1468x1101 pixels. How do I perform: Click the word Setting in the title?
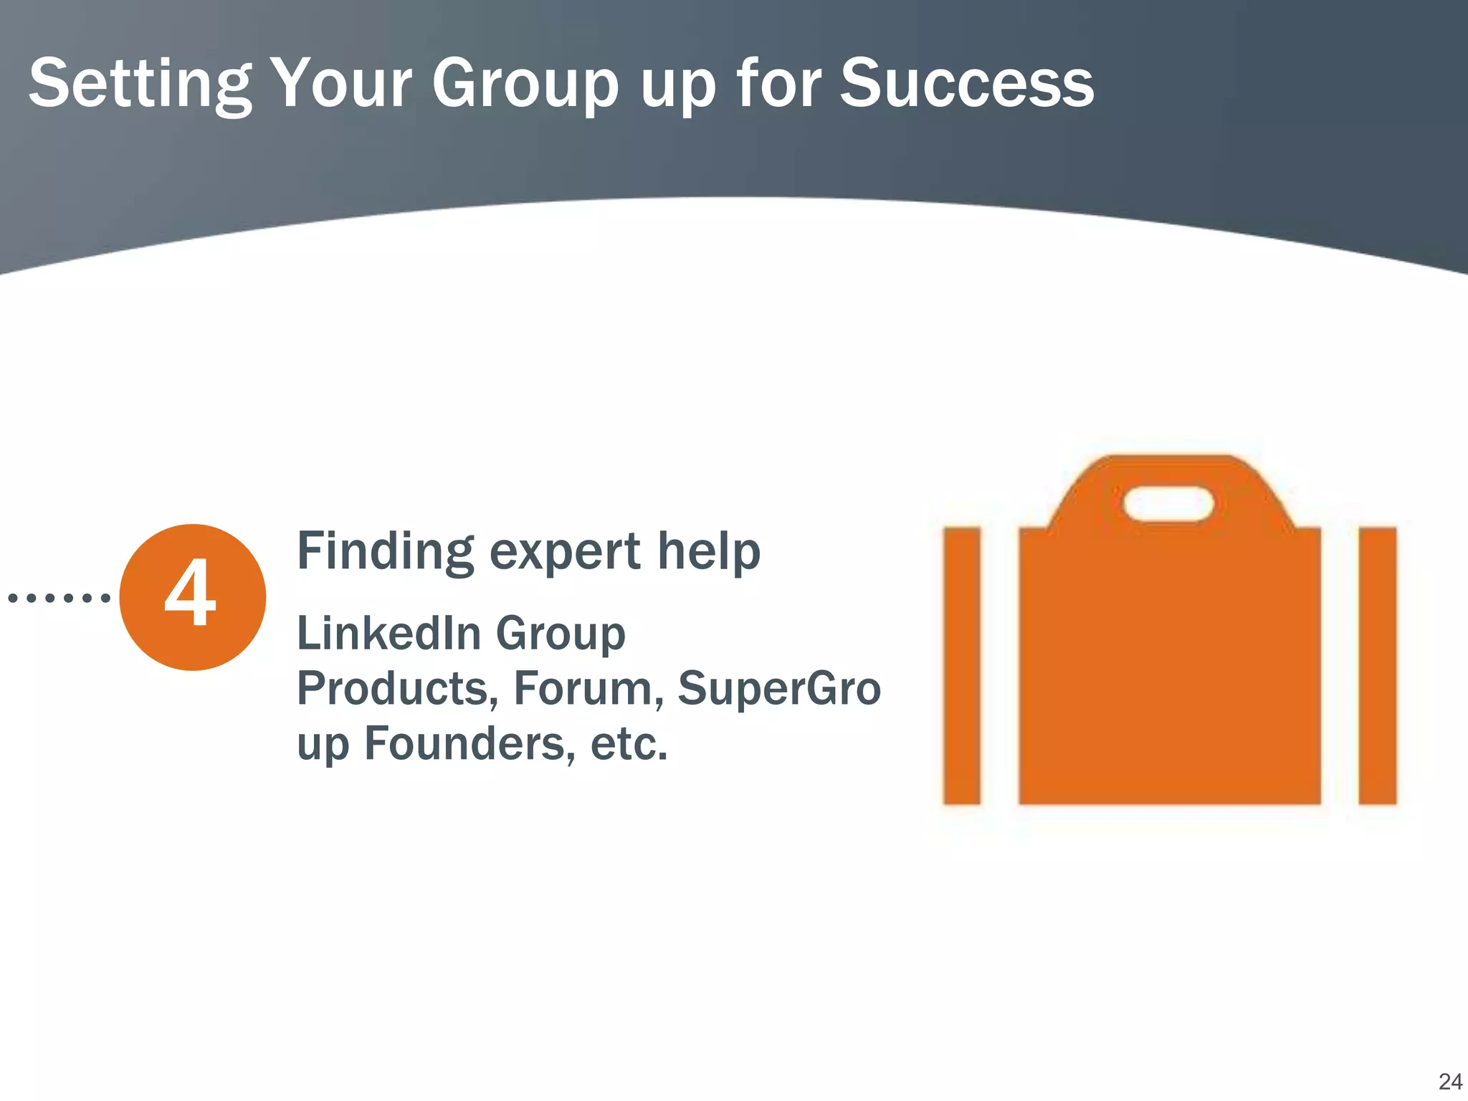[140, 85]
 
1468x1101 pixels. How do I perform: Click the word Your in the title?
[341, 85]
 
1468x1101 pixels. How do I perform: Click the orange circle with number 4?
[192, 597]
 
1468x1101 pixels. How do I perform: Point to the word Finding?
[386, 552]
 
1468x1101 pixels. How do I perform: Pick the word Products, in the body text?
[398, 690]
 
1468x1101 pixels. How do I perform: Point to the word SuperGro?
[779, 688]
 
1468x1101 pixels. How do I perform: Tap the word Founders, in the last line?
[470, 744]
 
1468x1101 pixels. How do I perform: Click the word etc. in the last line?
[629, 744]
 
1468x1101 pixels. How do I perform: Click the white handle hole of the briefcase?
[1168, 504]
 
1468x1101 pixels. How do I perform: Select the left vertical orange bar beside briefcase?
[961, 666]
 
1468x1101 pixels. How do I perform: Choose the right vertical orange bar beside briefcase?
[1377, 666]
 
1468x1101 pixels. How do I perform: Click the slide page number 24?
[1449, 1082]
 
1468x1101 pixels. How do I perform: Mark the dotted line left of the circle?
[59, 597]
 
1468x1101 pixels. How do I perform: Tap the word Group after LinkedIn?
[561, 634]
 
